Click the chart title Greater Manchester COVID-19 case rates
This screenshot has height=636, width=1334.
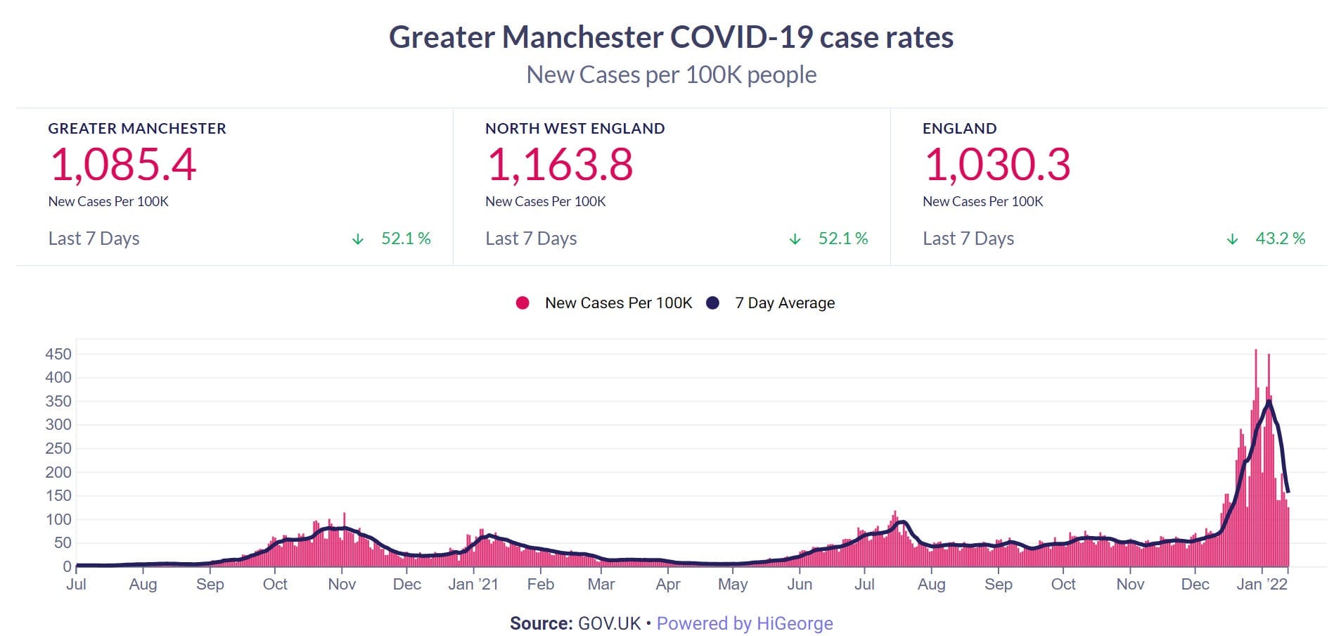671,37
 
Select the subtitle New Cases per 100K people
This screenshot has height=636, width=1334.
671,75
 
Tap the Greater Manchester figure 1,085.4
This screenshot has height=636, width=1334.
123,165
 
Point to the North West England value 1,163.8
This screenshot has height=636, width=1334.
560,165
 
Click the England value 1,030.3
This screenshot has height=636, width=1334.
997,165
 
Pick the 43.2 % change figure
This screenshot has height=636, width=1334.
1280,238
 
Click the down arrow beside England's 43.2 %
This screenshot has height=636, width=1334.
1232,239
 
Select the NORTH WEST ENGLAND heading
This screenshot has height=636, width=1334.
575,129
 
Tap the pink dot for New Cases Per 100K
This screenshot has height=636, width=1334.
522,303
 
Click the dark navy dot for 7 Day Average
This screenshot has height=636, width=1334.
713,303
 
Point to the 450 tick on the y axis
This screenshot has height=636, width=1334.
58,354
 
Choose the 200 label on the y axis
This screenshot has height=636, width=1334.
58,472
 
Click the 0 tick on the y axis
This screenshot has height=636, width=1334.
67,566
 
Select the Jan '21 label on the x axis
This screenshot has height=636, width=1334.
473,585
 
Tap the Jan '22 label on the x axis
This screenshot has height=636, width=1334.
1262,585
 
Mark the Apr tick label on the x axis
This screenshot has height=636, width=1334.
668,585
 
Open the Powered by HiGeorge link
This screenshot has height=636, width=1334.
745,623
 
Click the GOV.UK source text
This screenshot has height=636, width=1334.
609,623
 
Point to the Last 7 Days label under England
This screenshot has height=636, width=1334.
968,238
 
